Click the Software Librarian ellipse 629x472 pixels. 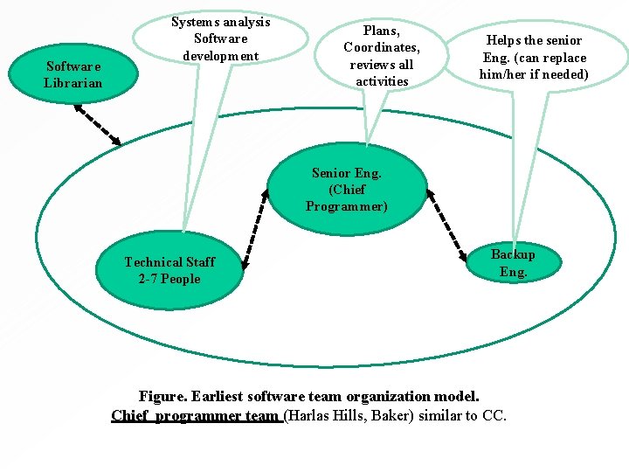[73, 74]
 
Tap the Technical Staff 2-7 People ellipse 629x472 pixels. [169, 270]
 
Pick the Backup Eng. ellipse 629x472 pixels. [513, 262]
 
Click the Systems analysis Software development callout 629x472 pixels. [220, 38]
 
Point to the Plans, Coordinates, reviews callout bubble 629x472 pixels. [382, 55]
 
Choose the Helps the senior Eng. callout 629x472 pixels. [534, 57]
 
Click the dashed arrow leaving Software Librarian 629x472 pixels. [97, 124]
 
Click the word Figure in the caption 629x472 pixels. [162, 397]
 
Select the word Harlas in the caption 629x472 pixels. [312, 415]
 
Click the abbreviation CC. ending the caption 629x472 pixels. [494, 415]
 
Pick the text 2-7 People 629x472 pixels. [169, 279]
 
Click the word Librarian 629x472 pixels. [73, 83]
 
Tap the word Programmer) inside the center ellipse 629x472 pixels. [346, 206]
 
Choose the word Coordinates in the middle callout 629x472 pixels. [382, 47]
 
